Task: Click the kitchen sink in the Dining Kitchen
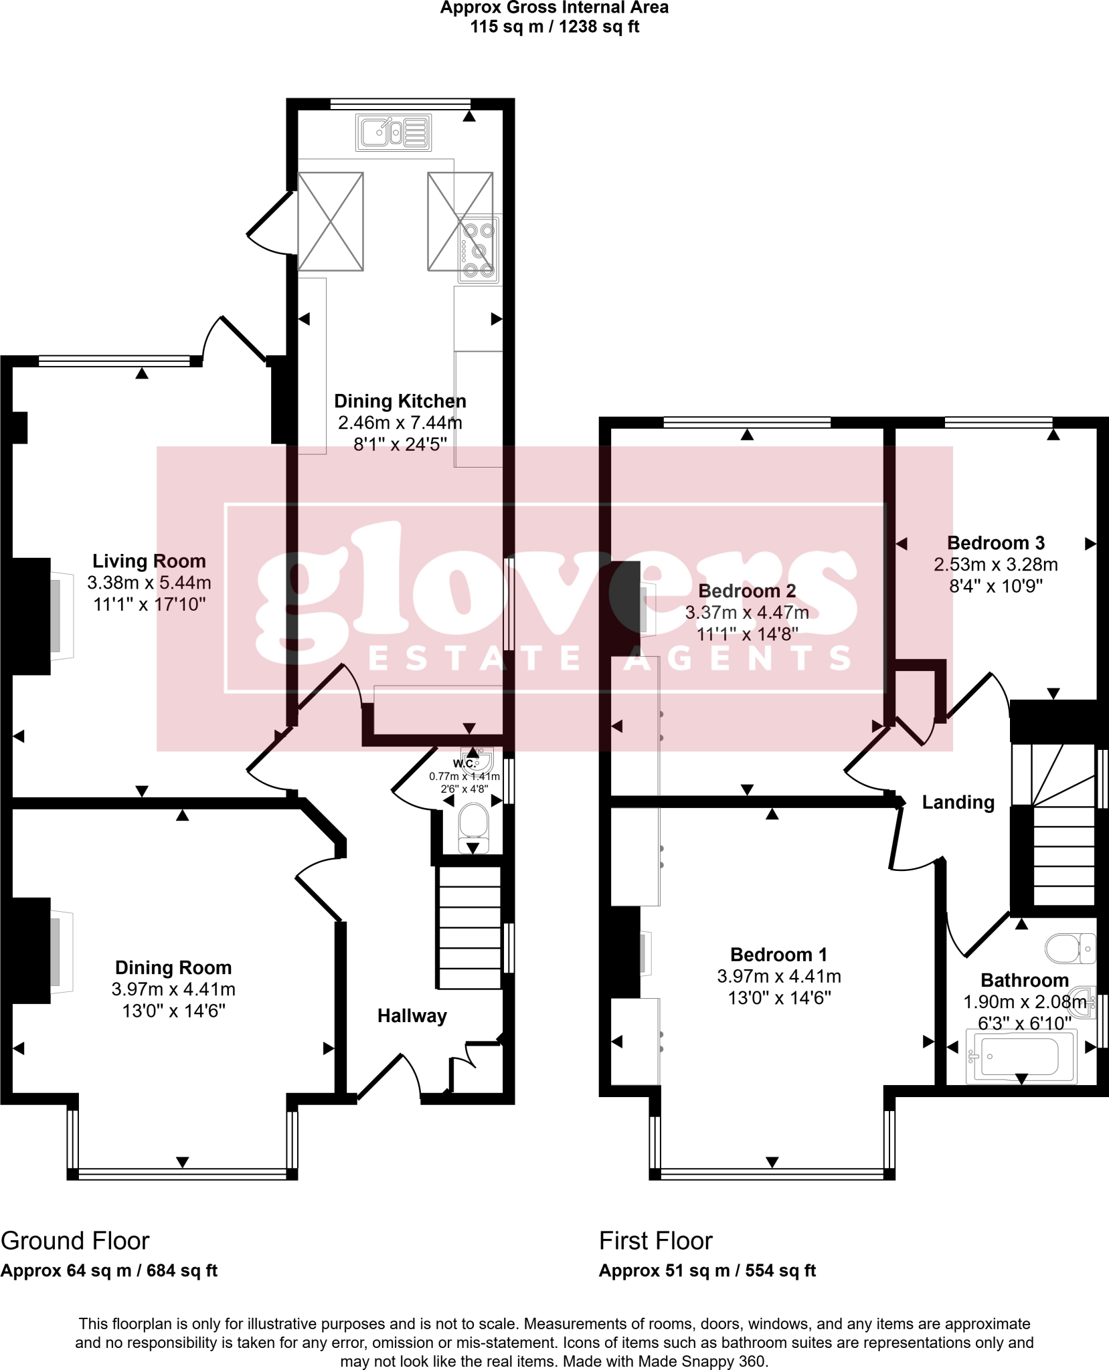coord(394,132)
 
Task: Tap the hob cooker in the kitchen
coord(479,249)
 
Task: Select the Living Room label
coord(149,561)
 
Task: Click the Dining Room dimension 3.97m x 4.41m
coord(173,989)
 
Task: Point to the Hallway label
coord(412,1015)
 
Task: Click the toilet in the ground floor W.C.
coord(473,827)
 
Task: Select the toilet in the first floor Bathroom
coord(1070,949)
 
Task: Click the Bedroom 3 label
coord(996,543)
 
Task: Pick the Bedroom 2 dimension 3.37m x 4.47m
coord(747,612)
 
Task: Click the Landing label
coord(958,802)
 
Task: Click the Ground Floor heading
coord(75,1241)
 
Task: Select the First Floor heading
coord(656,1241)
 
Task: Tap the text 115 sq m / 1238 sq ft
coord(555,27)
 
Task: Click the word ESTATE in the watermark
coord(475,658)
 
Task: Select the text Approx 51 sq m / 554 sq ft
coord(707,1271)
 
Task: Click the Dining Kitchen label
coord(400,401)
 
